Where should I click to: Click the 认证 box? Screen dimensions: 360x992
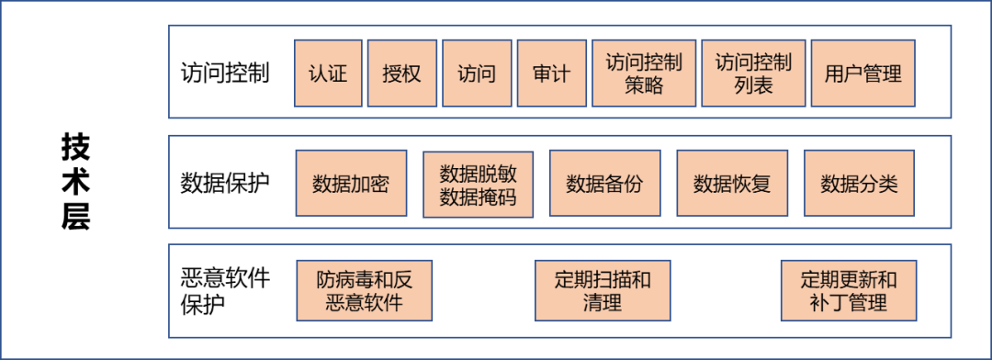point(328,73)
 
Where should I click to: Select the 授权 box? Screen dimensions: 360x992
point(401,73)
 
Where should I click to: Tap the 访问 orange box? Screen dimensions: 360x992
point(477,73)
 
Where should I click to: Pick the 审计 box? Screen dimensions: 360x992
point(551,73)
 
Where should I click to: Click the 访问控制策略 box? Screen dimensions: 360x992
point(643,73)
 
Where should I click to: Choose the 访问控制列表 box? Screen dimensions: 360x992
point(753,73)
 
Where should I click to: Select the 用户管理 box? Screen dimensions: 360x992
point(863,73)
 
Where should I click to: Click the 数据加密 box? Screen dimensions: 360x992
point(351,184)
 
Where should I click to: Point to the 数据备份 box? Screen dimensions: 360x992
point(604,184)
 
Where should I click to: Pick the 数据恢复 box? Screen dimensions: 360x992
point(731,184)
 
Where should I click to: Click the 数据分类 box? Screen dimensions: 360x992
point(859,184)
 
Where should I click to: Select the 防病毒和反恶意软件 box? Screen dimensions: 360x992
point(364,290)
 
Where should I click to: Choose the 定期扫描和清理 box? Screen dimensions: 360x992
point(603,290)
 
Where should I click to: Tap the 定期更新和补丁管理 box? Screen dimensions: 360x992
point(849,290)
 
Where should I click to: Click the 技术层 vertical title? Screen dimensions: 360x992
point(75,181)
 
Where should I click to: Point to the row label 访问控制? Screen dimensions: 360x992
point(225,73)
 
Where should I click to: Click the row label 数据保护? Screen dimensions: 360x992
point(225,183)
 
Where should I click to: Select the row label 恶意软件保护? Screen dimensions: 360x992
point(225,290)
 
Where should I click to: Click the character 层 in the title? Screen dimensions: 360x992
point(75,218)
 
